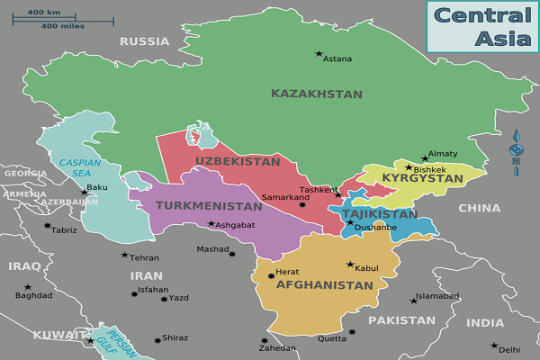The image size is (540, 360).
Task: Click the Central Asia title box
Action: [x=482, y=26]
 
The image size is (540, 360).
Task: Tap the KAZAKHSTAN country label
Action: [x=317, y=94]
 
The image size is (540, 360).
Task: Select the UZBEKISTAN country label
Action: [x=238, y=161]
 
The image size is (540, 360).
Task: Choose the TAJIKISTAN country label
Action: [x=380, y=214]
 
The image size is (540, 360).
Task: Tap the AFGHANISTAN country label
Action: [x=324, y=285]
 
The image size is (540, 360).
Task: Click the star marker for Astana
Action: [x=318, y=54]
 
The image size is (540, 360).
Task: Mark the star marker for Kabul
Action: [x=350, y=265]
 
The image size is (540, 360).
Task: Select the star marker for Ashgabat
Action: [x=211, y=223]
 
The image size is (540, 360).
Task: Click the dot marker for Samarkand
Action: [x=302, y=205]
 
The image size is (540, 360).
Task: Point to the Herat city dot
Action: [x=271, y=275]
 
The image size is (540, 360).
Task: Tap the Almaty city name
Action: [x=443, y=154]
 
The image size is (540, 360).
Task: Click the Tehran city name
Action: [x=145, y=257]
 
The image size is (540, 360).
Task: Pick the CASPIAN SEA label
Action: [x=75, y=167]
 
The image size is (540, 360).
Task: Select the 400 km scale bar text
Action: [x=42, y=13]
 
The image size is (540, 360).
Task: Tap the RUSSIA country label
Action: [x=144, y=41]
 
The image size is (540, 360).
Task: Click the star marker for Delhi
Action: [x=494, y=346]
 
